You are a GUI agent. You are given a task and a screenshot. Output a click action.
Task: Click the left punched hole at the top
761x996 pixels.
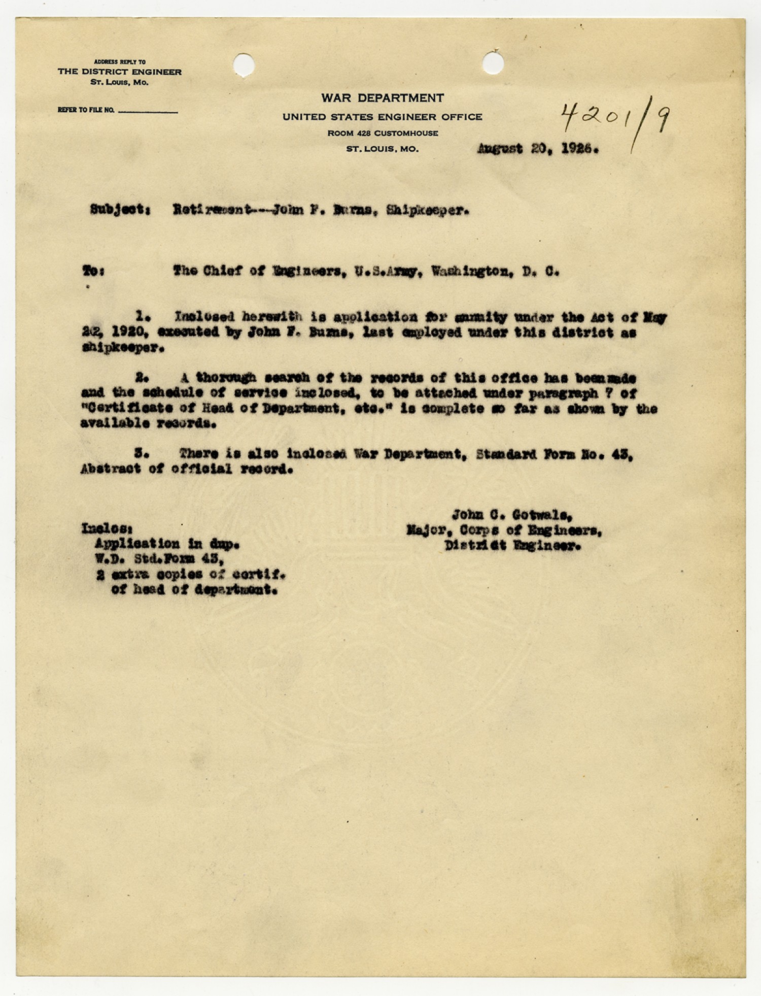244,64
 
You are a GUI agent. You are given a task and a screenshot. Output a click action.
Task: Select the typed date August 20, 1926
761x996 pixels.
538,149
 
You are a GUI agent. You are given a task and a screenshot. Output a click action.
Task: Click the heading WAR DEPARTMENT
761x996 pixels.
382,98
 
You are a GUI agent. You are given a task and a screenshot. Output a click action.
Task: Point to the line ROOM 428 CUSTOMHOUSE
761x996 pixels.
383,133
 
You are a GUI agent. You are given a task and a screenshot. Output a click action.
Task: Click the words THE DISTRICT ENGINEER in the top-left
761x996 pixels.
119,72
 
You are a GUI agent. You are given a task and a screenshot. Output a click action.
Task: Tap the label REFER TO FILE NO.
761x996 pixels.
86,110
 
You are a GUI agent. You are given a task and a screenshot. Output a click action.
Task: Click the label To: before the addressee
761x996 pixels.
93,271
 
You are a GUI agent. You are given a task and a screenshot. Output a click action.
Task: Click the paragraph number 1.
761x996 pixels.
143,317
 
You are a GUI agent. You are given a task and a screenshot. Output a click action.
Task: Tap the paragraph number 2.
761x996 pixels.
142,378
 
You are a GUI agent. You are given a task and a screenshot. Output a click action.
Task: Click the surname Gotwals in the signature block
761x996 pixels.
542,515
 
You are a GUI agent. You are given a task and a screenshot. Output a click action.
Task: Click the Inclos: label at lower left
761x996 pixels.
107,528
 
